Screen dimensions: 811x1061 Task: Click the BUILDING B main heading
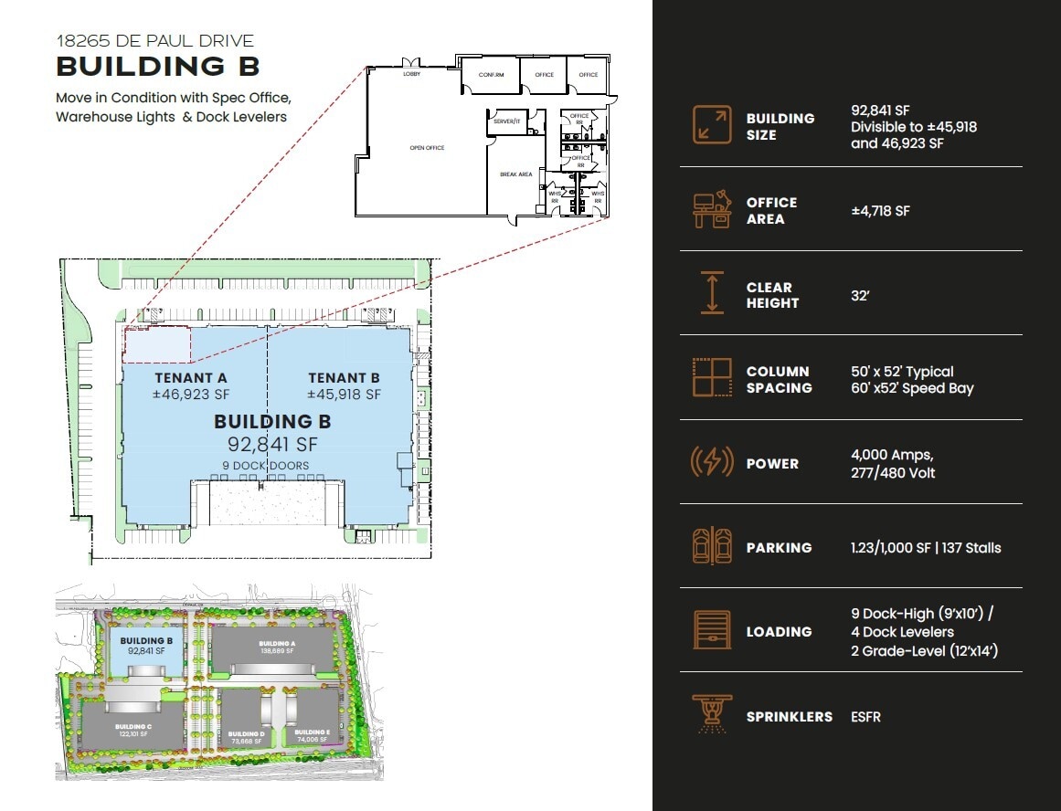(x=158, y=67)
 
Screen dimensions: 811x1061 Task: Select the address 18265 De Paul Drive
(x=154, y=41)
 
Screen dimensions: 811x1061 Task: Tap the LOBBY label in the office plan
(x=411, y=74)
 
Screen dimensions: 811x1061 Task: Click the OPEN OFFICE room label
(x=427, y=147)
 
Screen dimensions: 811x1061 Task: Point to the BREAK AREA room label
(x=515, y=174)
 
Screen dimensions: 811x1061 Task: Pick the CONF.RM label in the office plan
(x=491, y=75)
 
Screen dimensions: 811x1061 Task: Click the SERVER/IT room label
(x=506, y=121)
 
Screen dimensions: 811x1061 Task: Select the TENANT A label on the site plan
(x=190, y=378)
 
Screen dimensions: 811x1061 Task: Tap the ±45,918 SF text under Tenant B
(x=344, y=395)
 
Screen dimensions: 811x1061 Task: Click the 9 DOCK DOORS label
(x=265, y=466)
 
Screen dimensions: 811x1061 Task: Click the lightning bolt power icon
(x=711, y=463)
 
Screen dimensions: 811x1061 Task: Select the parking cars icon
(x=711, y=547)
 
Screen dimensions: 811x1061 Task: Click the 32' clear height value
(x=859, y=295)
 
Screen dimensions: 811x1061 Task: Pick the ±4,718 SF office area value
(x=880, y=211)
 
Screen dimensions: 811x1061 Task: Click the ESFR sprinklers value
(x=865, y=717)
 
